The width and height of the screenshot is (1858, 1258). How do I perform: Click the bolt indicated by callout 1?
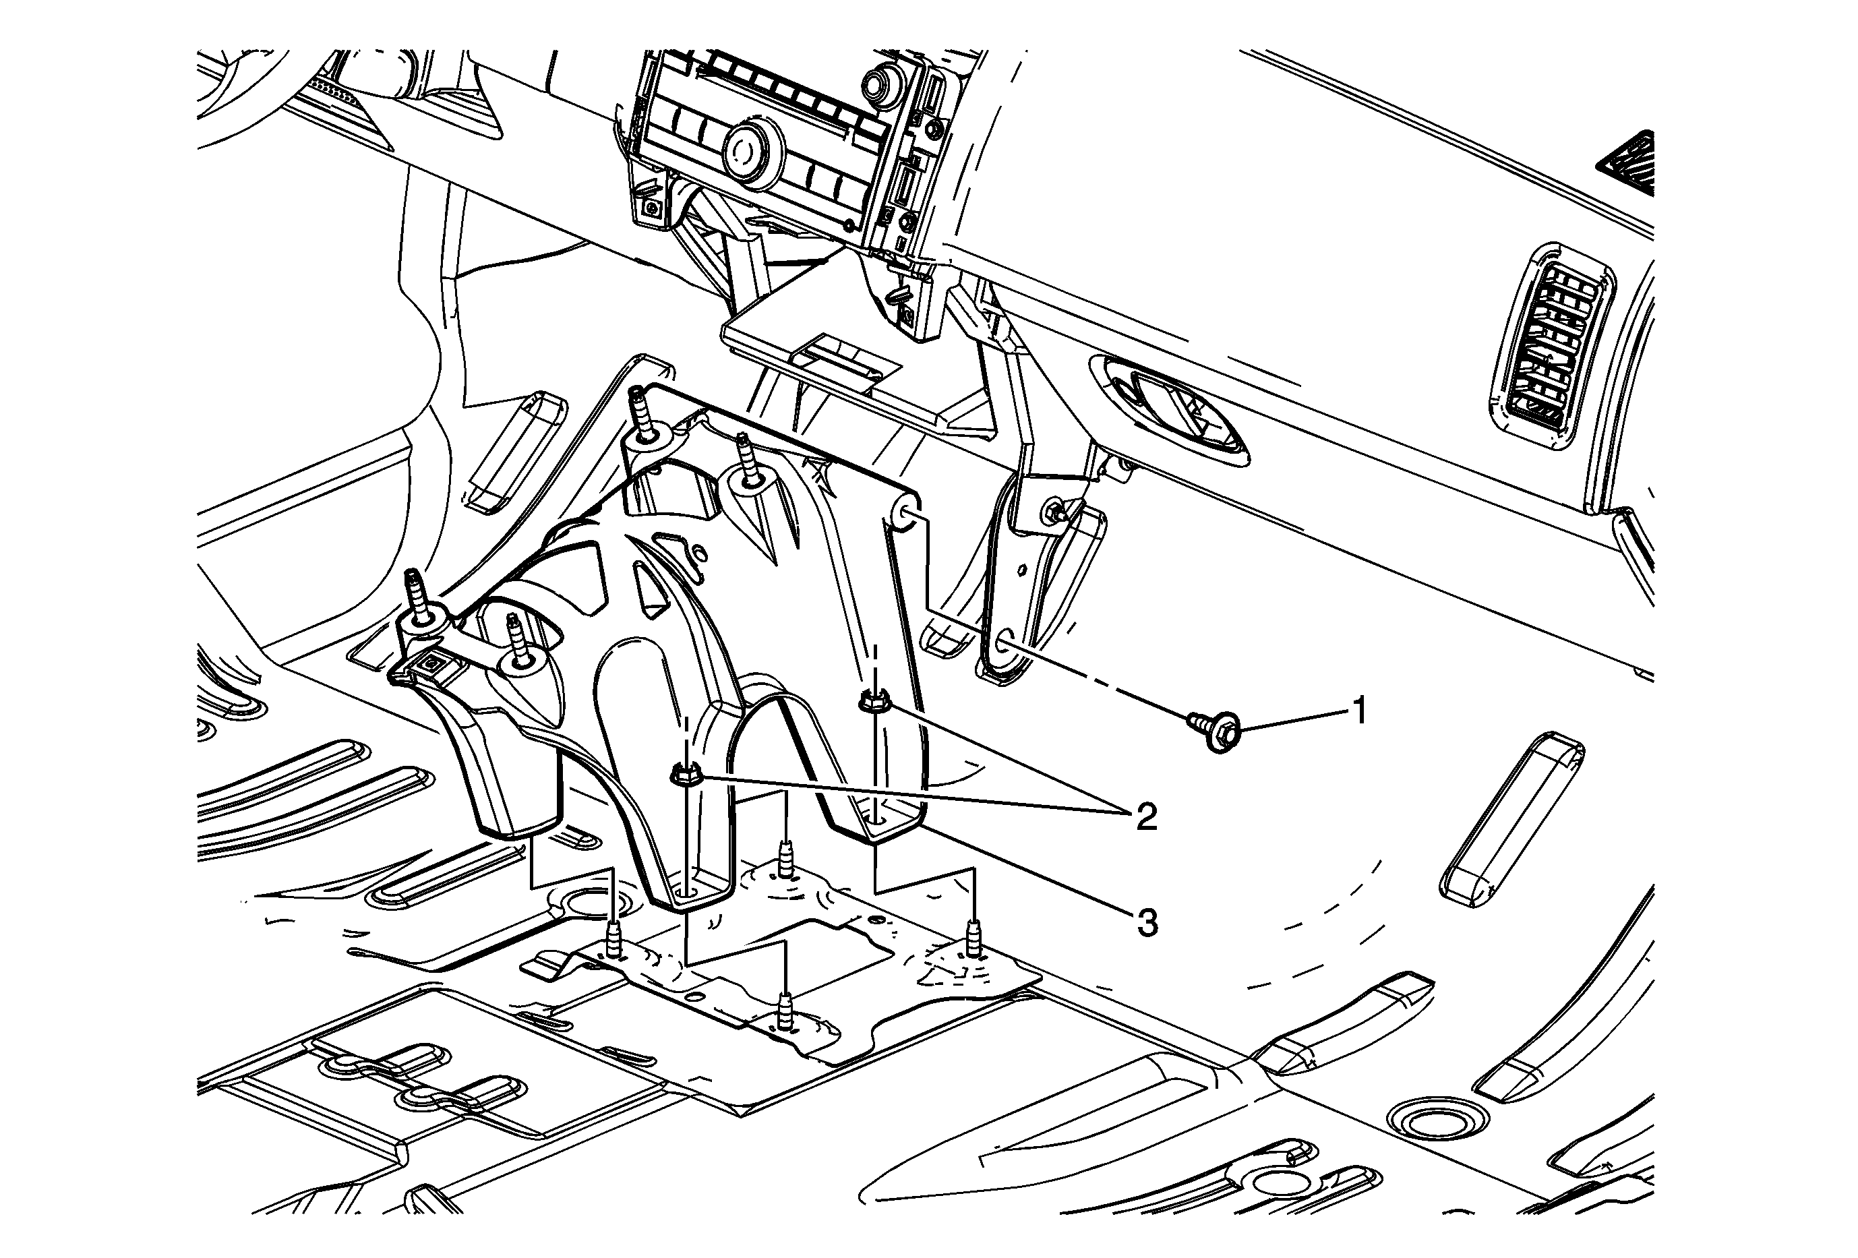1214,729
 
